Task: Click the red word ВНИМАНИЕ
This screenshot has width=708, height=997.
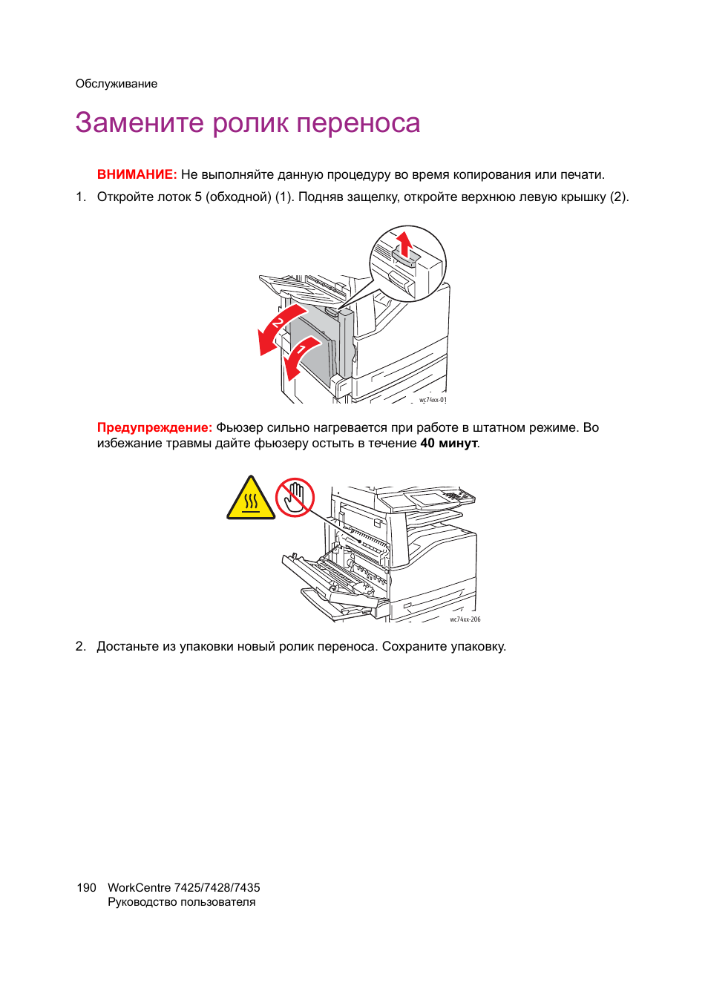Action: (x=137, y=174)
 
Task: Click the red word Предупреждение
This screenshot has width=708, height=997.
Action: (x=155, y=428)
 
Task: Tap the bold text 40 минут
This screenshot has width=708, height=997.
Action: (x=449, y=444)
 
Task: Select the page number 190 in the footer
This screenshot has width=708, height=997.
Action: (x=86, y=887)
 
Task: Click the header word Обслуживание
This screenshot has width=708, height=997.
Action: (x=117, y=84)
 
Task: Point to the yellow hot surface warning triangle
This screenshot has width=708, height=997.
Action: (x=251, y=498)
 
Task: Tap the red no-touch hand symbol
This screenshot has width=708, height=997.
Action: (x=295, y=497)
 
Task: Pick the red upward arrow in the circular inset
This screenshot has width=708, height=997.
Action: (x=404, y=243)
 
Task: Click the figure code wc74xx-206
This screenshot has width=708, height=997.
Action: (x=465, y=619)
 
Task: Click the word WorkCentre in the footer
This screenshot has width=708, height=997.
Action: (x=140, y=887)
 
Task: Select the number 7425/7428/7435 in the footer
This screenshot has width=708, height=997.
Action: (x=217, y=887)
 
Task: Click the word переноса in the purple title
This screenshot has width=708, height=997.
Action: (x=358, y=123)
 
